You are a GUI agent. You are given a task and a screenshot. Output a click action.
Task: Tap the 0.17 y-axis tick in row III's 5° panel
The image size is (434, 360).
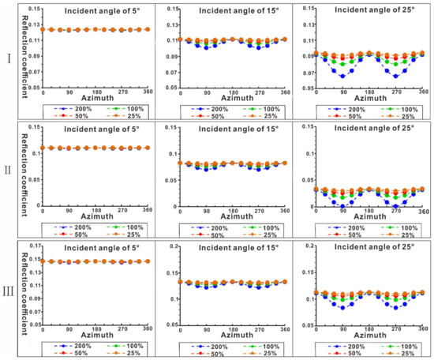tap(32, 246)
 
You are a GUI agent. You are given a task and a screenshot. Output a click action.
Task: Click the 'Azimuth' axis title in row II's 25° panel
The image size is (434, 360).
tap(369, 219)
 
